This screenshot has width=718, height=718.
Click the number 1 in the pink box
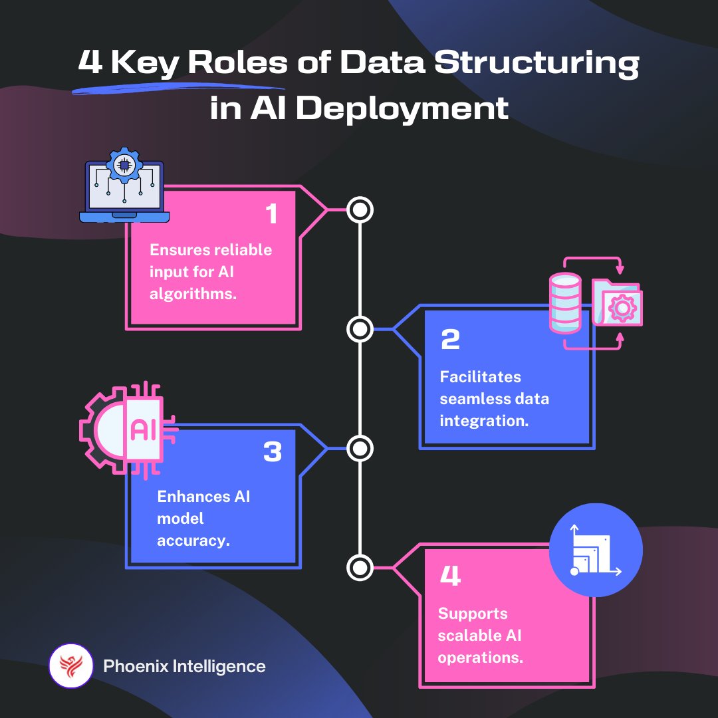(x=271, y=215)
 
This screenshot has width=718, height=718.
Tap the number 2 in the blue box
(x=450, y=340)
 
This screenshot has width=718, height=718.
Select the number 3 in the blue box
(x=273, y=453)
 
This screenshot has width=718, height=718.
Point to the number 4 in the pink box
(x=450, y=576)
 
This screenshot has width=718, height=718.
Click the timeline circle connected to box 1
(x=360, y=210)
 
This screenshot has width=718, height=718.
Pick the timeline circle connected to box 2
(x=360, y=329)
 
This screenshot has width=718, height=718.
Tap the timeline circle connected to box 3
(x=360, y=449)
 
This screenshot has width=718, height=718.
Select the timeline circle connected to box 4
(x=360, y=568)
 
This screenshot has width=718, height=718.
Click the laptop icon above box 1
(x=124, y=189)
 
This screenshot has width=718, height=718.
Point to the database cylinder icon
(x=565, y=302)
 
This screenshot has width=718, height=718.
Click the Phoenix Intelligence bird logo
(x=70, y=666)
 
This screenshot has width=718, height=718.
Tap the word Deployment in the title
(x=402, y=108)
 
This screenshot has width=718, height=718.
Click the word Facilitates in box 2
(x=481, y=377)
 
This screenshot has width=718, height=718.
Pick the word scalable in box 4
(x=469, y=636)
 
